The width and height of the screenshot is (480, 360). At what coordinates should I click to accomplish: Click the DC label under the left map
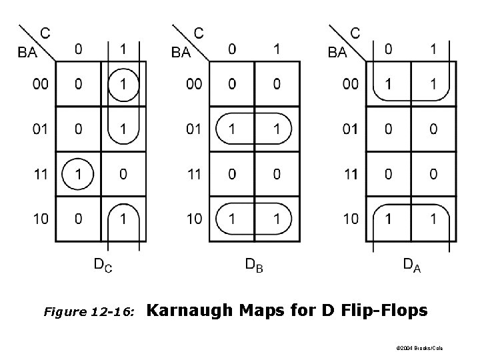pos(102,267)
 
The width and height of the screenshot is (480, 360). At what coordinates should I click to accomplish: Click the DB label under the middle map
pos(254,267)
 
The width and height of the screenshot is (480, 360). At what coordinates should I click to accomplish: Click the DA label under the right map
pos(411,267)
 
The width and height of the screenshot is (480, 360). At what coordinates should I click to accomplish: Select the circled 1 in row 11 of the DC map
pos(79,175)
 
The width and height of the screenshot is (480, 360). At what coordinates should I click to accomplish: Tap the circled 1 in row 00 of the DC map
pos(123,84)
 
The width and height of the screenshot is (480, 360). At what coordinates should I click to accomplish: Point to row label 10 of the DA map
pos(350,219)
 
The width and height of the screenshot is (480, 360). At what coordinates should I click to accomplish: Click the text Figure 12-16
pos(89,311)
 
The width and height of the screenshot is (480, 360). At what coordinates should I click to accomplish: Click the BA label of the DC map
pos(28,53)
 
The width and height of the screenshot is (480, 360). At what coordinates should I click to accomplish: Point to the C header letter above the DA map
pos(355,32)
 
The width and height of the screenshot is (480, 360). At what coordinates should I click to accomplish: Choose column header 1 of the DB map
pos(276,49)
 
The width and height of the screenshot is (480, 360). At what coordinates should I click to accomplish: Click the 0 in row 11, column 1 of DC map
pos(123,175)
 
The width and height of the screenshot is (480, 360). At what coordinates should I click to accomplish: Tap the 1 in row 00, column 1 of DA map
pos(433,84)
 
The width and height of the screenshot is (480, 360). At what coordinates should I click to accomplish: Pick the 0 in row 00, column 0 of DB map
pos(231,84)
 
